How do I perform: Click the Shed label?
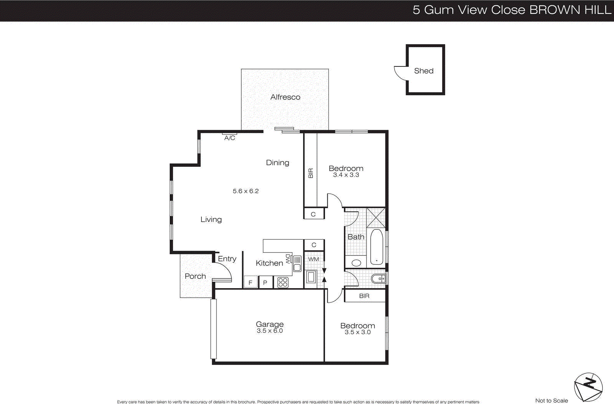click(424, 71)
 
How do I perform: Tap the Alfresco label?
click(285, 97)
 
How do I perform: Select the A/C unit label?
click(229, 138)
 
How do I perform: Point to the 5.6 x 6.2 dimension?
click(246, 191)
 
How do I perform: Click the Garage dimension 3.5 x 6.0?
click(269, 331)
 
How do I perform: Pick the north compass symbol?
click(588, 387)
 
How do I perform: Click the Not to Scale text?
click(551, 401)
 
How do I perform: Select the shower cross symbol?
click(376, 218)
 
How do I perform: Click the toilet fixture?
click(379, 279)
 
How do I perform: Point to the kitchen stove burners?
click(283, 283)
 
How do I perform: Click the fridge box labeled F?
click(251, 283)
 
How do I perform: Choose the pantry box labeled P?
click(265, 283)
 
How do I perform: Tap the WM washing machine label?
click(314, 259)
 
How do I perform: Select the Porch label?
click(195, 276)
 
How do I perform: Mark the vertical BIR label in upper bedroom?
click(310, 173)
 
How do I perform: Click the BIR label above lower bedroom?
click(364, 296)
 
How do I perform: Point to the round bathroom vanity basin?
click(357, 263)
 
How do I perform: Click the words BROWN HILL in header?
click(570, 10)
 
